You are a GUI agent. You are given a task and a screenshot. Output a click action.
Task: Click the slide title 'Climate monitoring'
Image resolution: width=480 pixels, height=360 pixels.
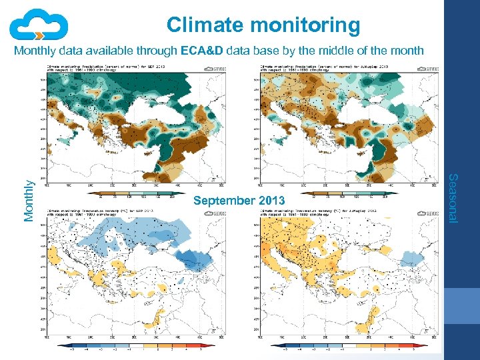point(263,25)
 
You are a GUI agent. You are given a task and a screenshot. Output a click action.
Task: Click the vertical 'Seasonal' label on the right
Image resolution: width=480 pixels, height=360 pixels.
point(452,198)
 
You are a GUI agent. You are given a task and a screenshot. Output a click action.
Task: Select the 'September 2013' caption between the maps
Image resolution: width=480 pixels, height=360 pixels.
point(239,201)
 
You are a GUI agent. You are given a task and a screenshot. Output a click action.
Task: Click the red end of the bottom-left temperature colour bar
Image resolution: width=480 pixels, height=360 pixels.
point(204,347)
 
